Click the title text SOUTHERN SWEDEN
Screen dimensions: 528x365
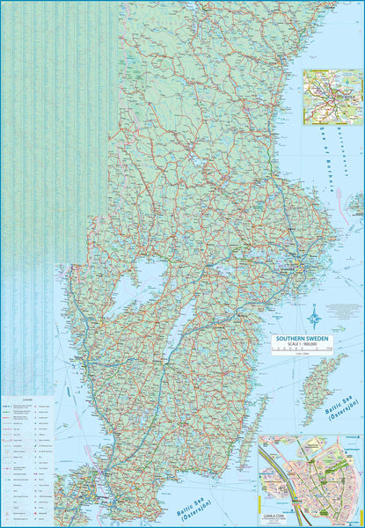(303, 337)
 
